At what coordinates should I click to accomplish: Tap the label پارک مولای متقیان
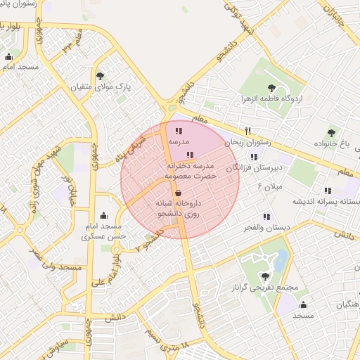tap(98, 87)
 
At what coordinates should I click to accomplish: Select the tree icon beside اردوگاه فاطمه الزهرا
tap(272, 88)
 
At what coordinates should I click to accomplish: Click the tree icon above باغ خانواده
tap(332, 132)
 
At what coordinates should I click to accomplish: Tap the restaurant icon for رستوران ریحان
tap(247, 131)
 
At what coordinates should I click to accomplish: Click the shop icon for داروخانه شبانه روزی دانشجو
tap(178, 192)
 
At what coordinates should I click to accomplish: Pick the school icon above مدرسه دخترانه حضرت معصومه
tap(189, 155)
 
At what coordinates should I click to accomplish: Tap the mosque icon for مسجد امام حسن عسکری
tap(104, 215)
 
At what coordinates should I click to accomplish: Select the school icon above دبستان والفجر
tap(266, 217)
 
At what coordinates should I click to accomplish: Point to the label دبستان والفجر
tap(264, 228)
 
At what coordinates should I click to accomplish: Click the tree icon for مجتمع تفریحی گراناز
tap(265, 276)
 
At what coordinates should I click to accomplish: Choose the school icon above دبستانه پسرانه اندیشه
tap(328, 191)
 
